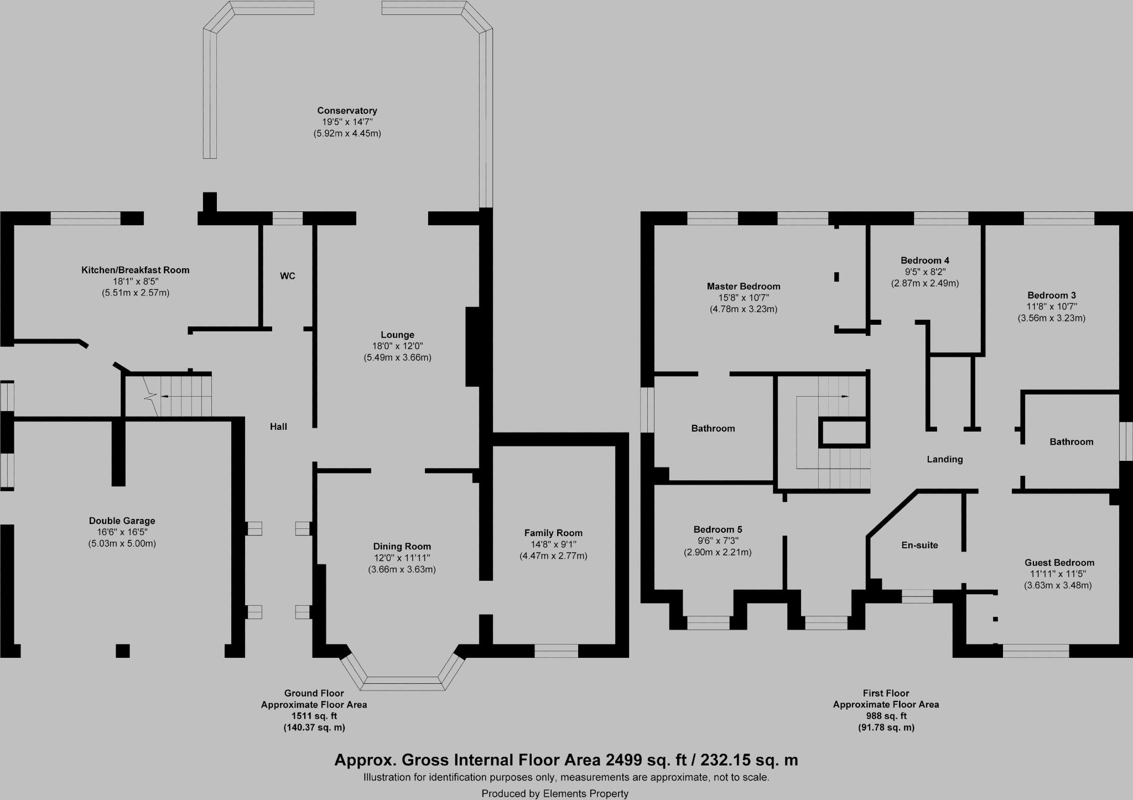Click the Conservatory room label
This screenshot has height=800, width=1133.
pyautogui.click(x=347, y=111)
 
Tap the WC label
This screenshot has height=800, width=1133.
pyautogui.click(x=288, y=276)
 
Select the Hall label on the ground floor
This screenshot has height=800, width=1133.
pyautogui.click(x=278, y=427)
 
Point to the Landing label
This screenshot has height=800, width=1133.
pyautogui.click(x=945, y=459)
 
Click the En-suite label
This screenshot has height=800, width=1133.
pyautogui.click(x=919, y=545)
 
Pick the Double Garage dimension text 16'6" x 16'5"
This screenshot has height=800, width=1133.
pyautogui.click(x=122, y=532)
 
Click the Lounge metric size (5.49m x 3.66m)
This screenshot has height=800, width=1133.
pyautogui.click(x=397, y=357)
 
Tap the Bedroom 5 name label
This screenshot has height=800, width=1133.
pyautogui.click(x=718, y=529)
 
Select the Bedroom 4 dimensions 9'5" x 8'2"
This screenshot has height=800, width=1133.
pyautogui.click(x=925, y=272)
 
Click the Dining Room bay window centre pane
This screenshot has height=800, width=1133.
pyautogui.click(x=402, y=683)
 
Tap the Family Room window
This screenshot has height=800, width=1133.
pyautogui.click(x=556, y=651)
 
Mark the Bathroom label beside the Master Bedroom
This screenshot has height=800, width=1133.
pyautogui.click(x=713, y=428)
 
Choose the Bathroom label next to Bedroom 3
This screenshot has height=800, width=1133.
pyautogui.click(x=1072, y=441)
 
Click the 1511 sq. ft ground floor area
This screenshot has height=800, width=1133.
pyautogui.click(x=314, y=716)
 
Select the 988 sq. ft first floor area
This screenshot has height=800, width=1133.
pyautogui.click(x=886, y=716)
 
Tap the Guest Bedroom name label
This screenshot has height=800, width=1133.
pyautogui.click(x=1059, y=563)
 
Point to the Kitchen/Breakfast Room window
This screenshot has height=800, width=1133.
pyautogui.click(x=86, y=219)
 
